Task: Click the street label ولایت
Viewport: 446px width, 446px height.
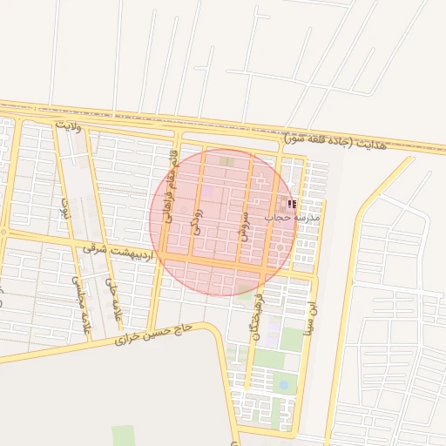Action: point(67,125)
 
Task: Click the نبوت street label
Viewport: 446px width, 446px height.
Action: point(63,209)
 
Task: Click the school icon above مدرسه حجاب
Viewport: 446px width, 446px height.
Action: point(291,204)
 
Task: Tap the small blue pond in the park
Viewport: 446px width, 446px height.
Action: point(283,383)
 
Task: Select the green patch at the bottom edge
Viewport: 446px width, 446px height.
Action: point(124,436)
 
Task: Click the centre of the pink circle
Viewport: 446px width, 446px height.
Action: point(220,221)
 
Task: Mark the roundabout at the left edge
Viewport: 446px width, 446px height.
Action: point(3,232)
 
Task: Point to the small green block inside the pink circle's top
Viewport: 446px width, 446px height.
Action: point(226,161)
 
